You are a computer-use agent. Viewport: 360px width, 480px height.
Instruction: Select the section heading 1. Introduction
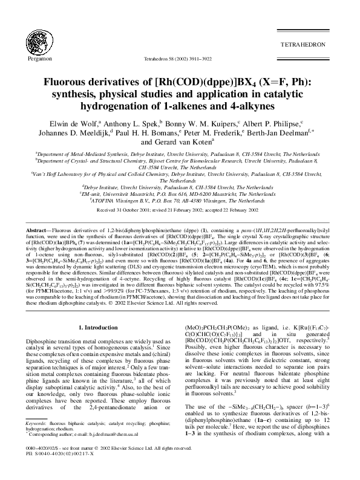[x=103, y=326]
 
